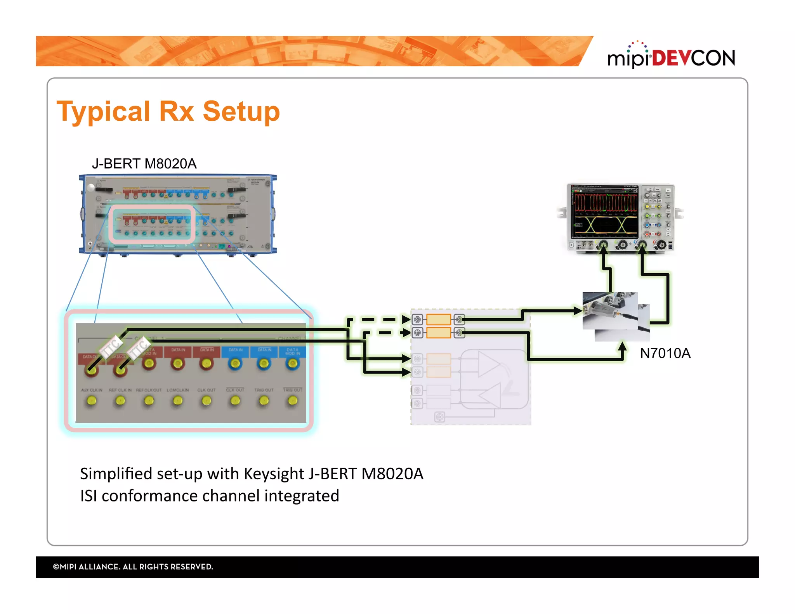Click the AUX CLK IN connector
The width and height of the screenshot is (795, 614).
92,400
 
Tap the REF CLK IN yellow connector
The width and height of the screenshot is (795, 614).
120,400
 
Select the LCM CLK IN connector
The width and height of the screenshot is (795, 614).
178,400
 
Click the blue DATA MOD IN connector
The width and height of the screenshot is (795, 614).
293,363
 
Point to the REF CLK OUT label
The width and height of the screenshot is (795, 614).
149,390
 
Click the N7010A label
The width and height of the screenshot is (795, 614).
665,353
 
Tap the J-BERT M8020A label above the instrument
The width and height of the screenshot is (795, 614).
144,164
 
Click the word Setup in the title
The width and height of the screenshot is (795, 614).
241,111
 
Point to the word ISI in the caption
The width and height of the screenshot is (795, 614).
89,496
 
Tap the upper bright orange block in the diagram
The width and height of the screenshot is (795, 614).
438,319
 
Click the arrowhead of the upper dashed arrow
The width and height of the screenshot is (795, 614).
406,319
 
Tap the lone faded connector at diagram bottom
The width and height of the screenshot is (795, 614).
439,417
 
